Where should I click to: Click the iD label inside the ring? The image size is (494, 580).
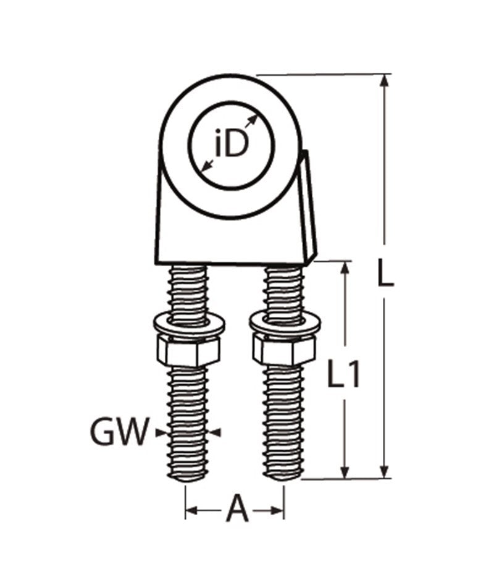point(231,145)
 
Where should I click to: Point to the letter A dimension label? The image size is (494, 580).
point(237,510)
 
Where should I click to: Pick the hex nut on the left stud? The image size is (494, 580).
point(188,351)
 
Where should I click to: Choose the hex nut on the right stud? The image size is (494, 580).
point(284,350)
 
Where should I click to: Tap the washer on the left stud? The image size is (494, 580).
point(188,324)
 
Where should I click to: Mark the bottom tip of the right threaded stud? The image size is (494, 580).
point(283,476)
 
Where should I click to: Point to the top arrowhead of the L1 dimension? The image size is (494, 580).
point(345,267)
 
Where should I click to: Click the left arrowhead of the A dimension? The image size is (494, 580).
point(191,511)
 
